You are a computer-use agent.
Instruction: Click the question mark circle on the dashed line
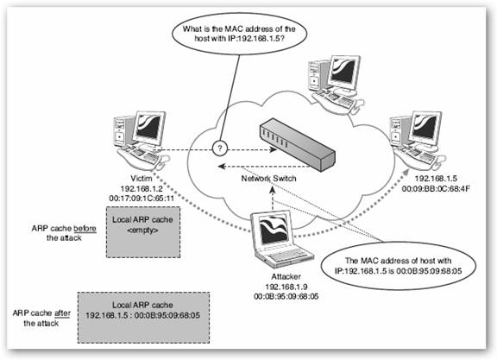pos(220,148)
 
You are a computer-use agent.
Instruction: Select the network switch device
pos(297,145)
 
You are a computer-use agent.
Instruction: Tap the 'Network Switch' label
pos(269,179)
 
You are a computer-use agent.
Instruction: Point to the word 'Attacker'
pos(286,276)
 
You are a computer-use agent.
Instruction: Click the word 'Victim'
pos(142,179)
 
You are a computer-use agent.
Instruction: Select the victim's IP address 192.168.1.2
pos(142,189)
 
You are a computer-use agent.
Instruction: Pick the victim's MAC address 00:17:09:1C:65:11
pos(142,199)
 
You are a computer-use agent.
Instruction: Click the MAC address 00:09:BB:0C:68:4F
pos(436,189)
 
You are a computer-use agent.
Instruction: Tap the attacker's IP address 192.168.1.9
pos(286,287)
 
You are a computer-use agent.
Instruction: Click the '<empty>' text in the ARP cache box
pos(142,231)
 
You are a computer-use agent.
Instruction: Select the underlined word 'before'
pos(85,229)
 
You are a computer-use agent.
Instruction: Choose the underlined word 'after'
pos(62,313)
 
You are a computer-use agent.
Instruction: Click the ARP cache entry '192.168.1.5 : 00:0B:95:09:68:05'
pos(143,316)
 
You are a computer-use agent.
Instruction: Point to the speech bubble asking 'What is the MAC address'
pos(239,34)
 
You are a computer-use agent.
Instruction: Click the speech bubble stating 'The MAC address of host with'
pos(399,266)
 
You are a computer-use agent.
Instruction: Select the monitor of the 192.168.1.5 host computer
pos(425,129)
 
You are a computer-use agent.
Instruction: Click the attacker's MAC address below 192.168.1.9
pos(286,297)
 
